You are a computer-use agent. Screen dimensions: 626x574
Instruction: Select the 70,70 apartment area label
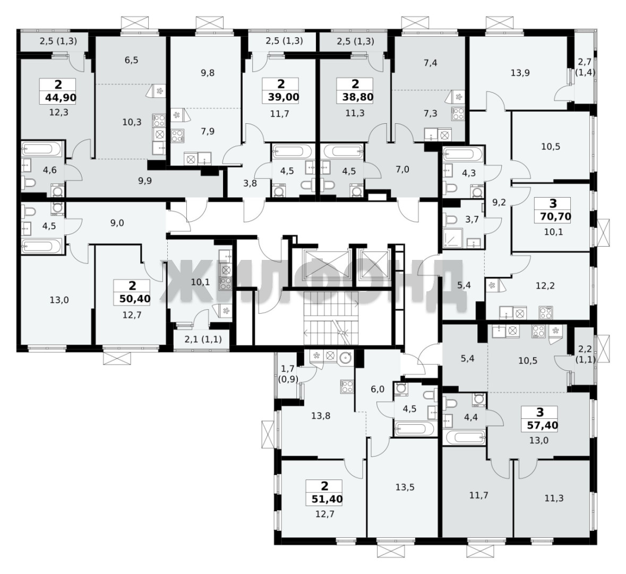point(553,217)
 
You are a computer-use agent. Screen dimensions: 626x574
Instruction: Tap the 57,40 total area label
point(540,425)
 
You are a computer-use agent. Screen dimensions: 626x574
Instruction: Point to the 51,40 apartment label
point(324,499)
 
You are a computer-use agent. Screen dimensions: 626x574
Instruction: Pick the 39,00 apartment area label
point(281,97)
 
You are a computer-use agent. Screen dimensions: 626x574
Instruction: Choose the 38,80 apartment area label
point(355,97)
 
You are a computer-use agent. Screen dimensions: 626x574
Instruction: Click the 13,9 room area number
point(520,73)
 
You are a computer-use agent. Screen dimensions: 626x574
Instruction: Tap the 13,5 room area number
point(405,487)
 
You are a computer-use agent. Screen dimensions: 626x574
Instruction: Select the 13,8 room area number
point(321,416)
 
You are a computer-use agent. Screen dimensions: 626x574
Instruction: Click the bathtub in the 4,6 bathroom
point(42,149)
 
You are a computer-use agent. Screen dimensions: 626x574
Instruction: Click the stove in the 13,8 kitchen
point(347,386)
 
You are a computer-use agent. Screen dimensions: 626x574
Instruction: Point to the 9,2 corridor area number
point(499,202)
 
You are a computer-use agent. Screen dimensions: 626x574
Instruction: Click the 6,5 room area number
point(131,60)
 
